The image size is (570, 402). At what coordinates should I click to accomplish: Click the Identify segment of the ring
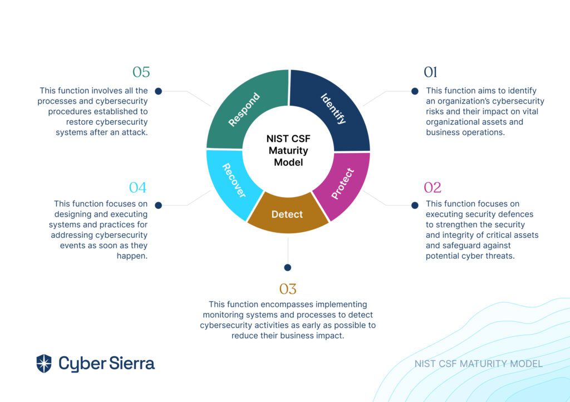333,109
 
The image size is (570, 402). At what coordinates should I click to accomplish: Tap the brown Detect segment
288,214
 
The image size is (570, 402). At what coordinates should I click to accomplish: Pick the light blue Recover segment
233,182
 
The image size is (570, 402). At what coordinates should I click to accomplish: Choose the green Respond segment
244,109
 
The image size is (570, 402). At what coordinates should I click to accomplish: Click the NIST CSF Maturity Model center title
288,150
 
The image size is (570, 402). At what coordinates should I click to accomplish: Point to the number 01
430,72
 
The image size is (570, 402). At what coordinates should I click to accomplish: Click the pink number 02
432,188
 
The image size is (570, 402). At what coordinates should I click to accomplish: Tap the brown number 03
288,289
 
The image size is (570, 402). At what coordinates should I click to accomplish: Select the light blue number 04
138,188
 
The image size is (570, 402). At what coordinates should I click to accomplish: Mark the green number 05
141,72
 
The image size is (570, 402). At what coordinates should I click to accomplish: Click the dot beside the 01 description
415,91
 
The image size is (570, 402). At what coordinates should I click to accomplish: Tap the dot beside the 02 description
415,205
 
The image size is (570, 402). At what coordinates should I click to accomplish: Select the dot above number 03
288,267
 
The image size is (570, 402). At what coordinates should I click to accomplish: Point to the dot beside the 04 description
159,205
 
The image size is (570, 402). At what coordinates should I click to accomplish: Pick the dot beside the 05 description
159,91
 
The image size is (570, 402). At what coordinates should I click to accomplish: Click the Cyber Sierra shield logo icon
44,364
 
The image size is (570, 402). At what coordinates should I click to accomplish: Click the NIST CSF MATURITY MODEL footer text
478,364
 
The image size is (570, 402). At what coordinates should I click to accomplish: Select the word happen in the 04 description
132,256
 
